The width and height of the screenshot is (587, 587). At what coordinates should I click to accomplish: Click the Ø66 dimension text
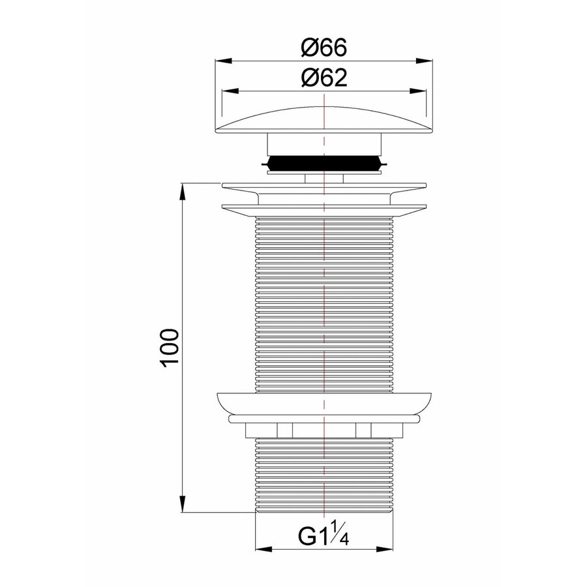[x=324, y=48]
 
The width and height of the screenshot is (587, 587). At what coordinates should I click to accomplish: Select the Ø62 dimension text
[x=324, y=78]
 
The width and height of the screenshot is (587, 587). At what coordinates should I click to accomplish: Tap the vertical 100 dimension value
[x=168, y=349]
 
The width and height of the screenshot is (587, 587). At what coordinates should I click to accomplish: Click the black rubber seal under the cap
[x=324, y=164]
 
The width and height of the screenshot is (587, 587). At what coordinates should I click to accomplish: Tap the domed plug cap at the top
[x=324, y=121]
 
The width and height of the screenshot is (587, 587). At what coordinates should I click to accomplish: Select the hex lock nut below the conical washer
[x=324, y=430]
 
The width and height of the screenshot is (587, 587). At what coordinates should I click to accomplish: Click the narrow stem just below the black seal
[x=324, y=178]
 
